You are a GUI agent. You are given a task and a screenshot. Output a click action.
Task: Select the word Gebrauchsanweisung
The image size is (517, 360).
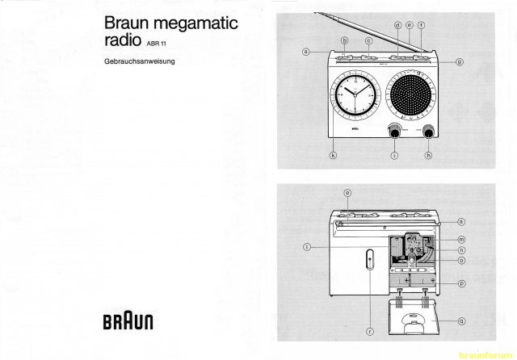click(141, 62)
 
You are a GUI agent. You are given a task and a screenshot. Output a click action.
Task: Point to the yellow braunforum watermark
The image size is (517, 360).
click(489, 354)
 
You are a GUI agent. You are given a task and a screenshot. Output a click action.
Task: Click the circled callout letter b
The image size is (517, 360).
click(344, 40)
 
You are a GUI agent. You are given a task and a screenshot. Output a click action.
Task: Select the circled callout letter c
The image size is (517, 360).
click(368, 40)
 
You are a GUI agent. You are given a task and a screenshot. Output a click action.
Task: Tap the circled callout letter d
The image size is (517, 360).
click(397, 25)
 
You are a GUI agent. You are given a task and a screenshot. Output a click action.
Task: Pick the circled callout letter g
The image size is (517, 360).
click(459, 61)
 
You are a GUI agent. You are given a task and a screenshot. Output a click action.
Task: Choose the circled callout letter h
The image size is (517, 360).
click(429, 155)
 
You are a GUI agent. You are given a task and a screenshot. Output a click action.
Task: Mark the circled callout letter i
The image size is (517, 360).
click(393, 155)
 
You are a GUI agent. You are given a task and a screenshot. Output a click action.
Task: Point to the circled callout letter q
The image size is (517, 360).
click(461, 320)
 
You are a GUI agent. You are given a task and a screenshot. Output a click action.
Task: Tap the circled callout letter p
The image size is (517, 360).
click(461, 284)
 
